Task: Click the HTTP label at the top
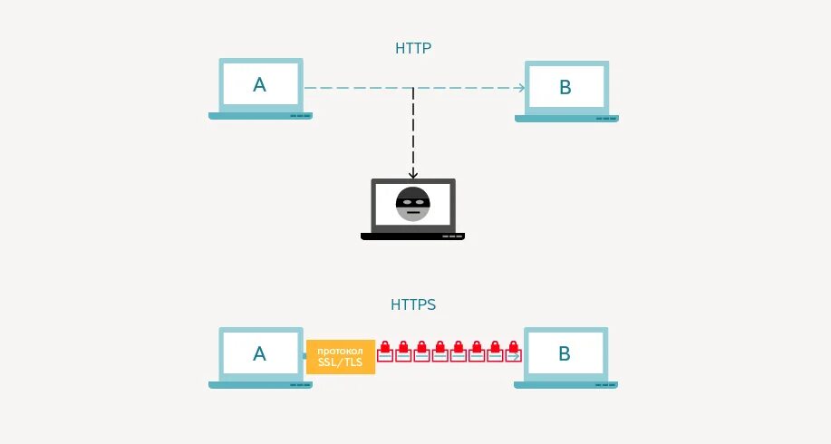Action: [x=413, y=48]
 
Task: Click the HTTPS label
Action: [x=413, y=305]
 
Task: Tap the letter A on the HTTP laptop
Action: [x=260, y=86]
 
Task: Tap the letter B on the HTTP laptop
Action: [x=565, y=87]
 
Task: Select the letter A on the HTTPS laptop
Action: [x=260, y=353]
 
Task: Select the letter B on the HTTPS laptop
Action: [x=565, y=353]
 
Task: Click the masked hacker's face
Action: [x=413, y=204]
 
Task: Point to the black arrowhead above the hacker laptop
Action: [x=413, y=173]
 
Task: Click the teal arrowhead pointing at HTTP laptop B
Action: [x=521, y=88]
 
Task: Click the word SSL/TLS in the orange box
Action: [x=341, y=362]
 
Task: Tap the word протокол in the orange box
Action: [x=341, y=351]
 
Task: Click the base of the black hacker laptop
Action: [x=413, y=236]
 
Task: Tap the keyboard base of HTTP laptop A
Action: [x=260, y=116]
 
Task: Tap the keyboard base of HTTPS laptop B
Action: [x=565, y=384]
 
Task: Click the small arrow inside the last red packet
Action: [x=515, y=357]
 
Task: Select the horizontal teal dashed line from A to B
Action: [x=362, y=88]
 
